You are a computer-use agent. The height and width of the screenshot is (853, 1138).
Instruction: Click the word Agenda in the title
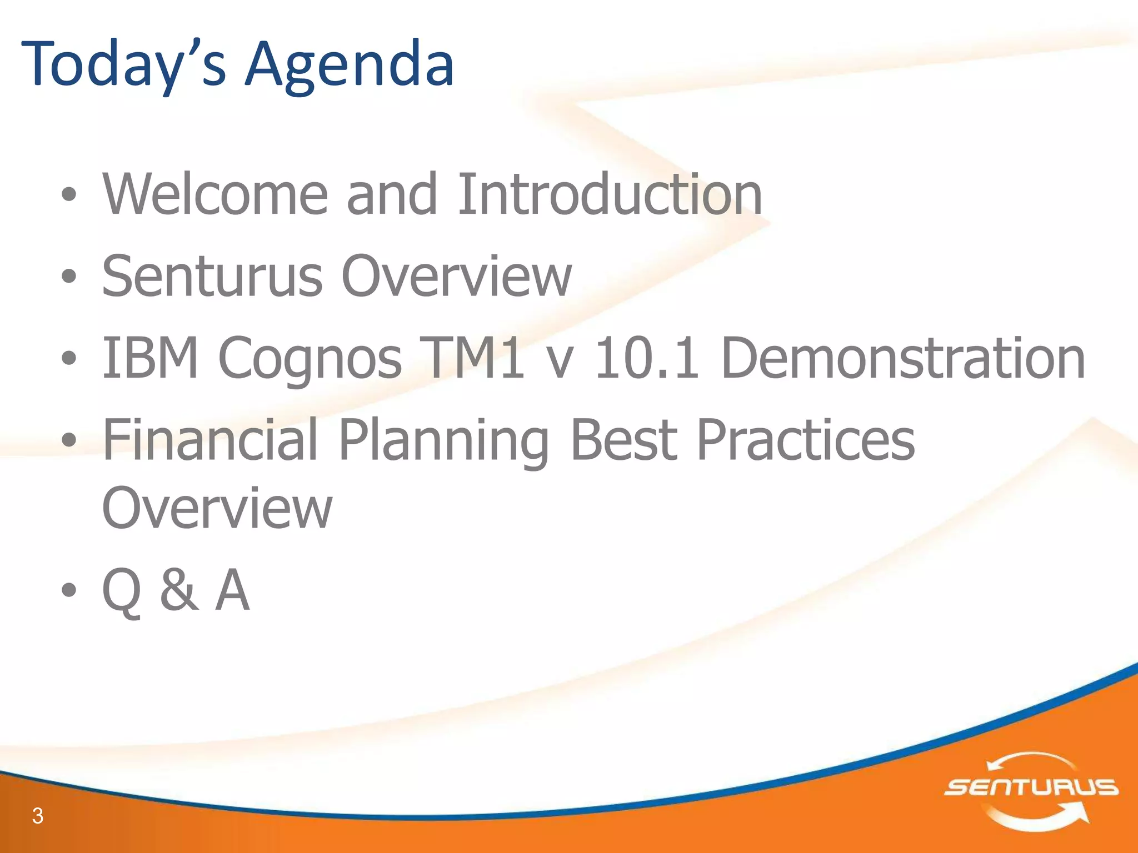pos(350,66)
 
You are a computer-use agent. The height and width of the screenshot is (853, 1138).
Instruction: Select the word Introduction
pos(610,194)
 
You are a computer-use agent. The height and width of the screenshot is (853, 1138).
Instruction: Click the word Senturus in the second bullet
pos(212,276)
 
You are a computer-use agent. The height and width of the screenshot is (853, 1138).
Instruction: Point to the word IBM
pos(150,358)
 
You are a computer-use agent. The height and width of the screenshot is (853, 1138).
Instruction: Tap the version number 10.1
pos(646,358)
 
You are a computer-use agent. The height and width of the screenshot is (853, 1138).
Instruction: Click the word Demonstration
pos(902,358)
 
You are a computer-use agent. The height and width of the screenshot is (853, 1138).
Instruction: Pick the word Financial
pos(211,440)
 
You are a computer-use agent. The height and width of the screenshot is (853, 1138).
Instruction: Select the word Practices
pos(805,440)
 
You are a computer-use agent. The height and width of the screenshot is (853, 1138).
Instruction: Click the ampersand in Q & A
pos(178,590)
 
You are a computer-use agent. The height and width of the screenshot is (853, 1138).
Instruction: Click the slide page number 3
pos(38,816)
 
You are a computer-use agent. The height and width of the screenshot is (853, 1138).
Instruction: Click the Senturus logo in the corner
pos(1031,787)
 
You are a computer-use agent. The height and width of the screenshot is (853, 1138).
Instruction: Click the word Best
pos(623,440)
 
